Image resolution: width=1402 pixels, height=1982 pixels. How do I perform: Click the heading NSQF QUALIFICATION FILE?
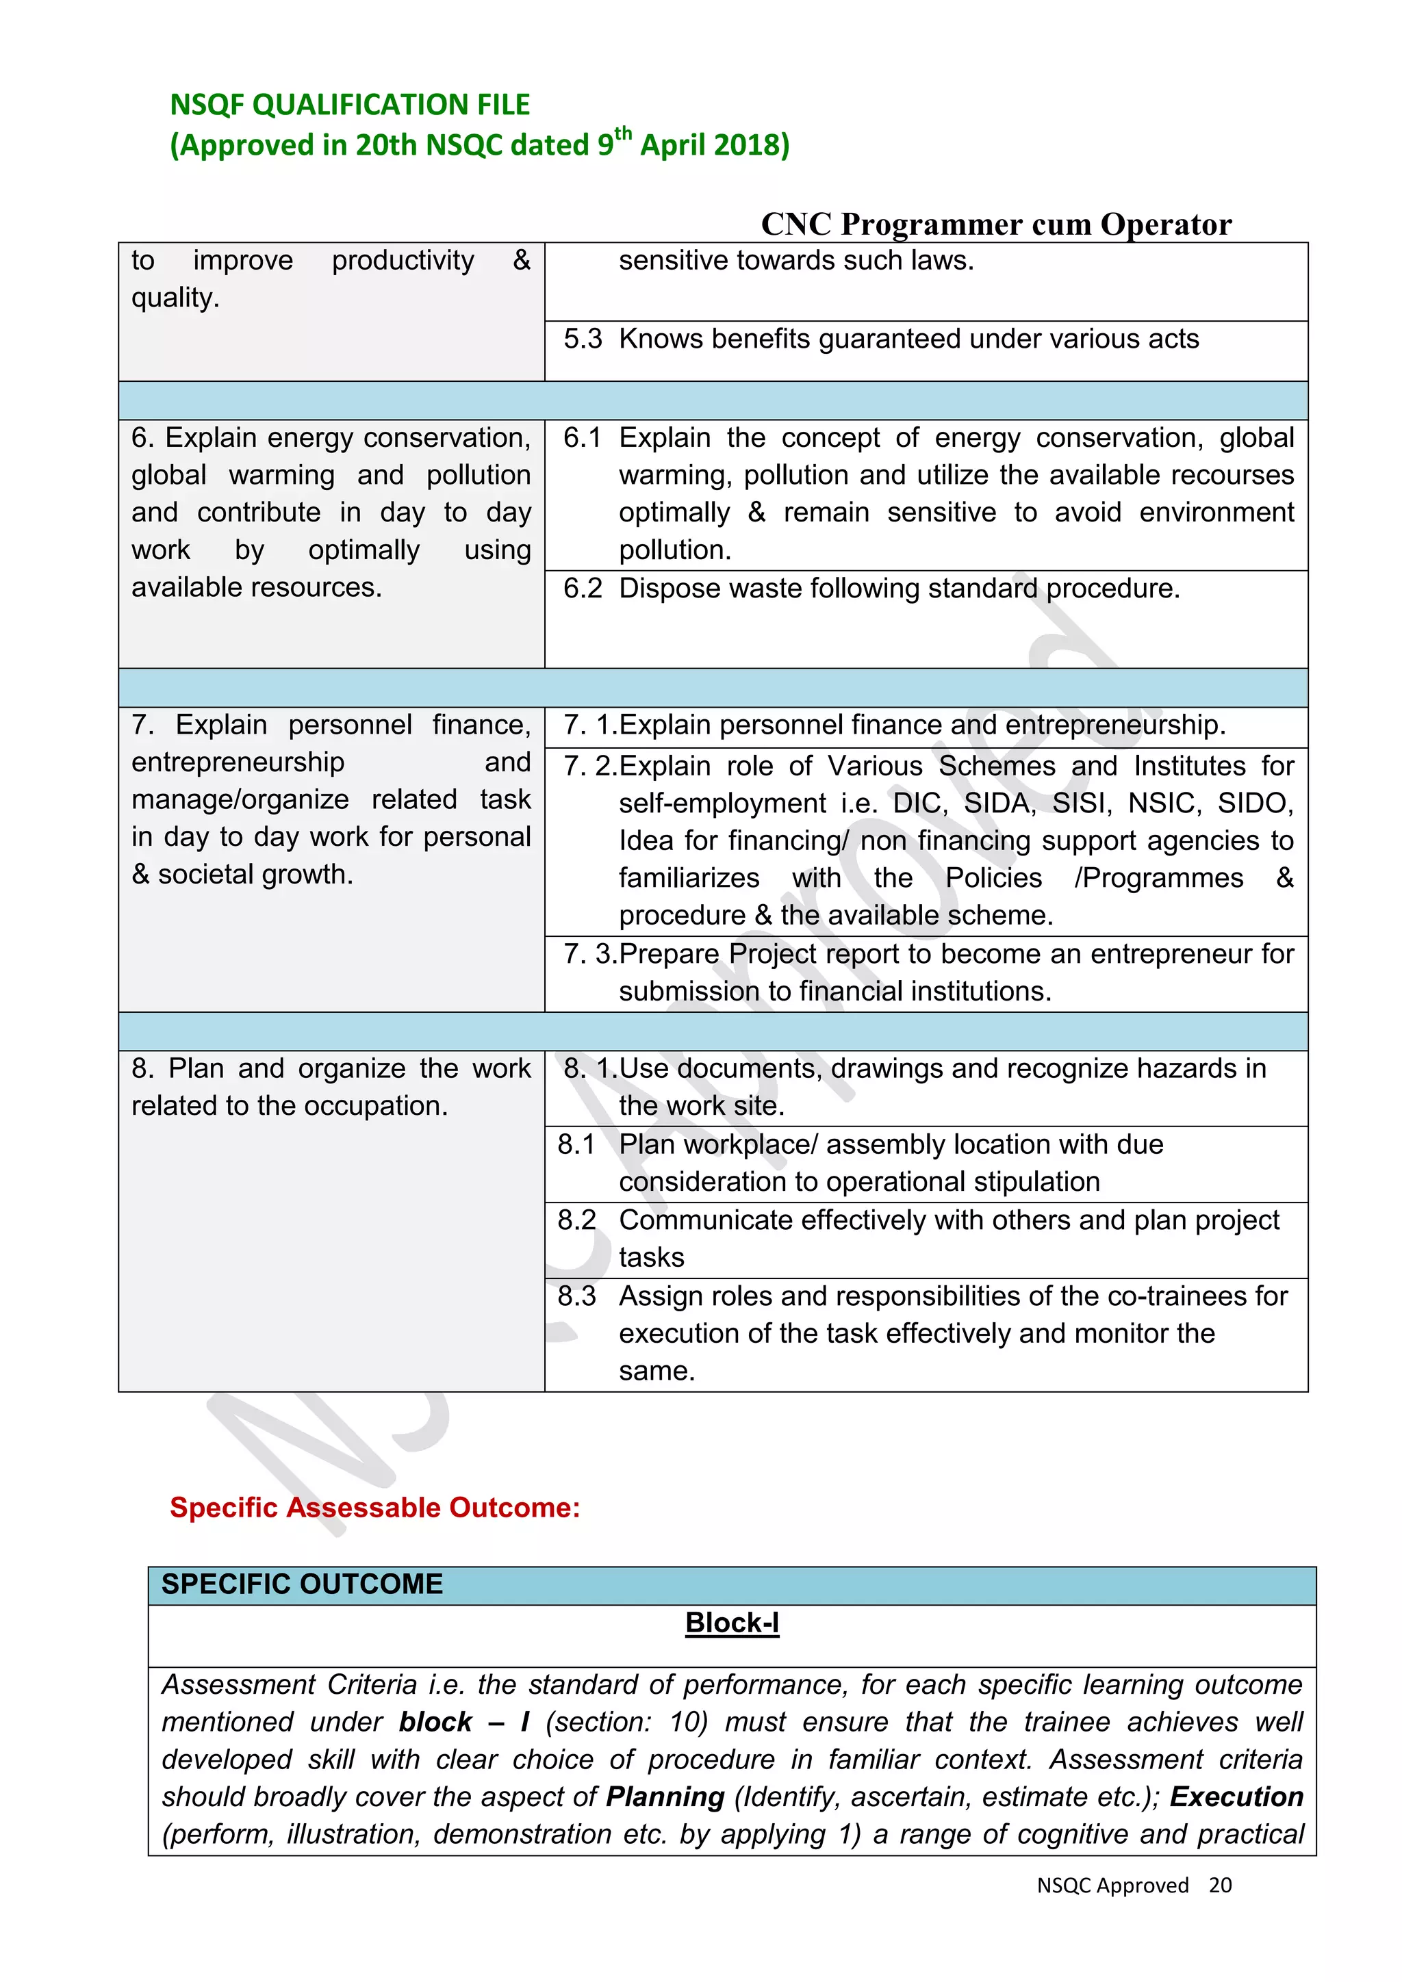[350, 105]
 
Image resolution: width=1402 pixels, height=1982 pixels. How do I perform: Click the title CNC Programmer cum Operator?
[995, 224]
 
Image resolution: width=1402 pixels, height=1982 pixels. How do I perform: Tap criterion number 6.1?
[582, 437]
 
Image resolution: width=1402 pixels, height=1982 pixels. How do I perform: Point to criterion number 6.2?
[582, 589]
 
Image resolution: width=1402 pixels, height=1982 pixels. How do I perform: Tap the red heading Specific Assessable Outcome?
[374, 1507]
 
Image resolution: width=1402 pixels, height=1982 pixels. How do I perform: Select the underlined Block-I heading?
[732, 1623]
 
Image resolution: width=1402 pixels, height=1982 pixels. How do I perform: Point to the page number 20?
[1220, 1886]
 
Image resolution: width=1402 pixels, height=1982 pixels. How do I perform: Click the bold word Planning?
[665, 1797]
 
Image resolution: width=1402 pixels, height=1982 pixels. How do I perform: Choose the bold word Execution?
[1236, 1797]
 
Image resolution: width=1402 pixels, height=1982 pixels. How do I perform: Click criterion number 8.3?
[576, 1296]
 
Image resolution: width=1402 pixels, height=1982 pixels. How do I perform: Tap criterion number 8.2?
[576, 1220]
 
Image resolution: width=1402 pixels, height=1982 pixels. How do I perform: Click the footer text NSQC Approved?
[1112, 1886]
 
